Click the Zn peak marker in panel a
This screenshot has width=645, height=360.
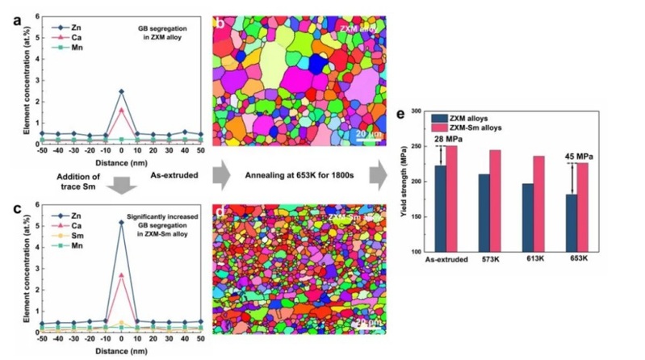[121, 91]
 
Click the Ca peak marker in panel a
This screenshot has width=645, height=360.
[121, 109]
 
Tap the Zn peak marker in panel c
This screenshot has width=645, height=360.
[121, 222]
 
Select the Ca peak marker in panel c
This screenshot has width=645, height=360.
[121, 275]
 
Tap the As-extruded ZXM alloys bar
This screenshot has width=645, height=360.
[440, 208]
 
